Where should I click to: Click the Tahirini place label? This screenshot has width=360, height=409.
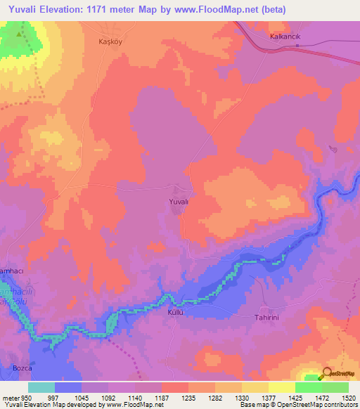268,317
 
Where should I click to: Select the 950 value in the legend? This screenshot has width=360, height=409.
25,398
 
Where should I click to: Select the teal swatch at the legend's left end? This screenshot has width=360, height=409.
41,387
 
